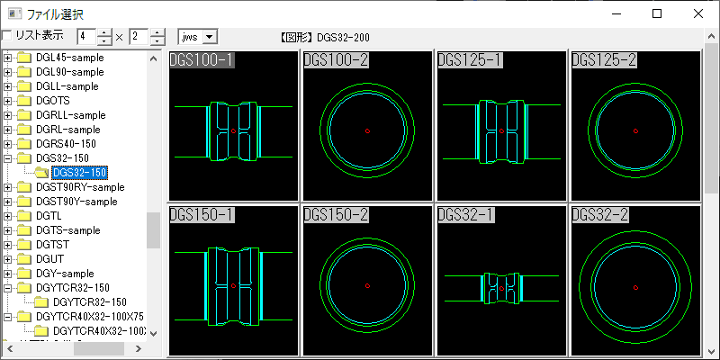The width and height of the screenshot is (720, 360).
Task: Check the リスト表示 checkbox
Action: [x=7, y=36]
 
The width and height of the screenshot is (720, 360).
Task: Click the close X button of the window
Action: [x=698, y=13]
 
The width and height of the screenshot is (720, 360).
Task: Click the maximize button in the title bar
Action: [x=657, y=13]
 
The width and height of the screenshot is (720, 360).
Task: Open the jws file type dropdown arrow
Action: [x=210, y=37]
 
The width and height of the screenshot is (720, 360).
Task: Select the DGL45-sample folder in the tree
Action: [x=70, y=58]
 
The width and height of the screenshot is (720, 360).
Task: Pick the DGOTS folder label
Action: [x=53, y=101]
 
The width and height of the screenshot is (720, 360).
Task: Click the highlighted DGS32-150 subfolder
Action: [x=80, y=173]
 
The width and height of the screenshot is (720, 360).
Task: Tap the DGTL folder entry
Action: [x=49, y=216]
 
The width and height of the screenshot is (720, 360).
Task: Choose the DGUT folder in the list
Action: [x=50, y=259]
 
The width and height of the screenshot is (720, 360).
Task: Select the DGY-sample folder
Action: [x=65, y=274]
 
